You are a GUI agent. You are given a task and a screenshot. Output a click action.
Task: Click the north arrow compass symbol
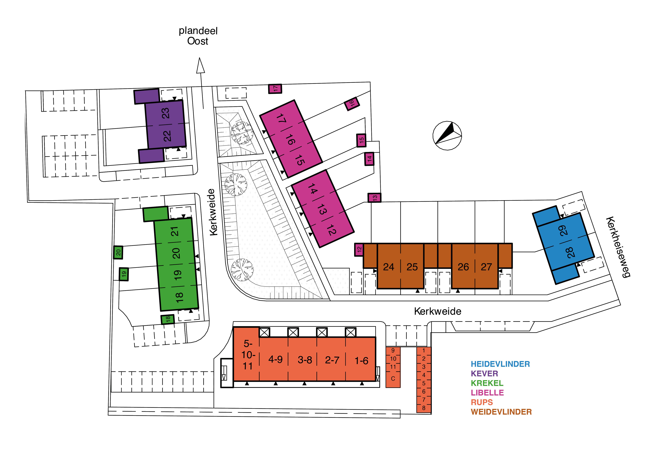point(447,135)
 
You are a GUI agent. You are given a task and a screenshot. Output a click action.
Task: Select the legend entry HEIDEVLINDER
point(500,364)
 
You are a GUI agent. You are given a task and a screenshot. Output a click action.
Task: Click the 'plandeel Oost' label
point(198,36)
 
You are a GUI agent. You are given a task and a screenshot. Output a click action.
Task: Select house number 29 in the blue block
point(563,230)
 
